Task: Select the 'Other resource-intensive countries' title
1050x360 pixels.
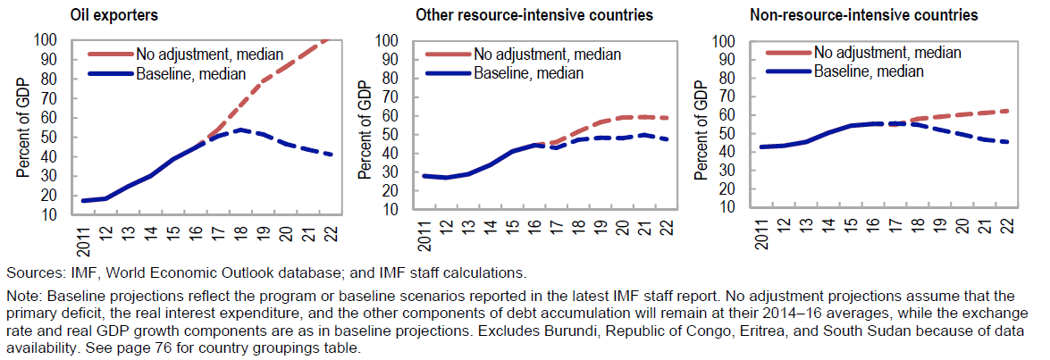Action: tap(533, 15)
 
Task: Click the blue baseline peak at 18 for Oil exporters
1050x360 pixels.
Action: tap(239, 130)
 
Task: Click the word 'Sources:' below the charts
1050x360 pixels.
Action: tap(33, 272)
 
